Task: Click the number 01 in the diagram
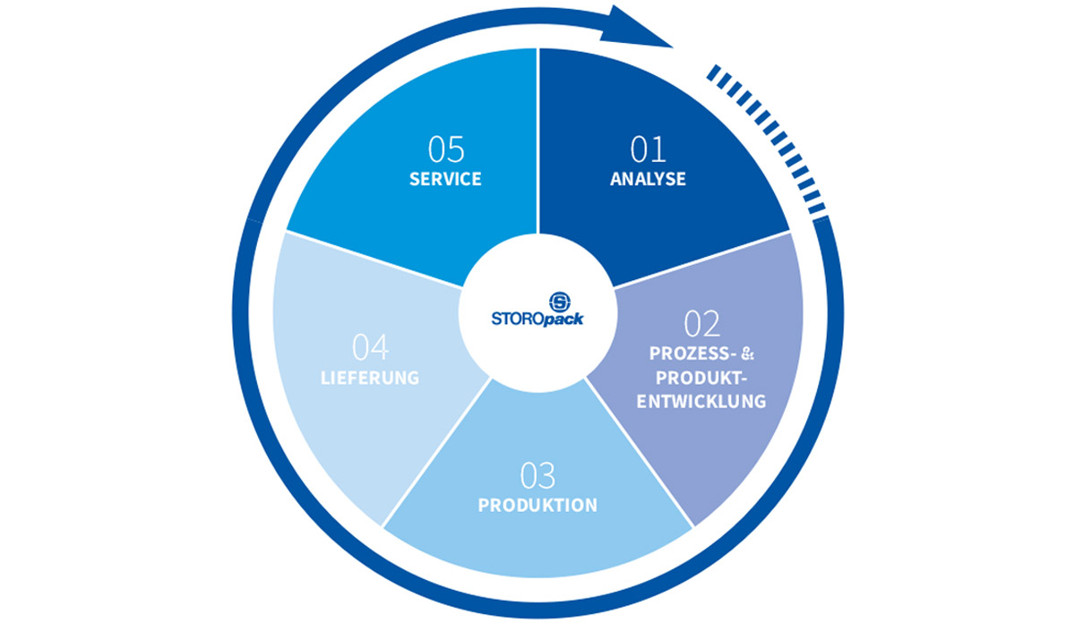click(x=647, y=148)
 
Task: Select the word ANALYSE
click(x=648, y=179)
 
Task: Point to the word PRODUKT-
click(x=701, y=376)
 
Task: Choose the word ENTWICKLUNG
click(x=701, y=401)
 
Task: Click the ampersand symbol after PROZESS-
click(x=749, y=352)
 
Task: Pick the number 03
click(x=537, y=474)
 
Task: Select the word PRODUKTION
click(x=537, y=506)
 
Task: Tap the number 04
click(x=370, y=346)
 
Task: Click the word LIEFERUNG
click(x=370, y=377)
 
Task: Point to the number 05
click(x=445, y=148)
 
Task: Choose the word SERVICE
click(x=445, y=179)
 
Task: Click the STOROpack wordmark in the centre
click(x=537, y=317)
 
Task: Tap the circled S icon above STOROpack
click(x=537, y=297)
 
